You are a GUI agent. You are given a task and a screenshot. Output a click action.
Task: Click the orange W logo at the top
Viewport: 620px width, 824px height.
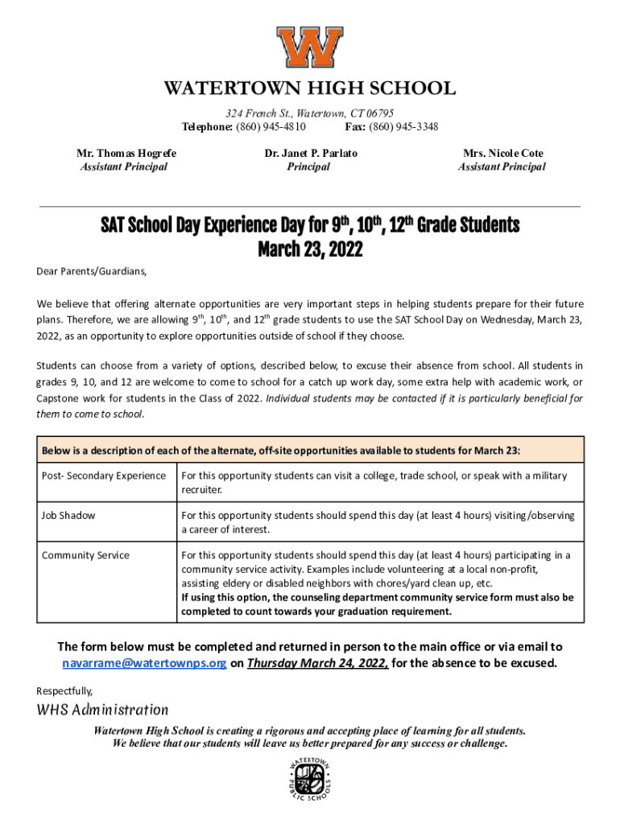point(310,47)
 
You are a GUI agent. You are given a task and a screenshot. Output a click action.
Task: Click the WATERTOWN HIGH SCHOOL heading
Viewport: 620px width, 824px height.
point(310,89)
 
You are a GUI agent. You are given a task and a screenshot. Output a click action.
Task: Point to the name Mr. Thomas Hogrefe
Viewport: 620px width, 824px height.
point(126,153)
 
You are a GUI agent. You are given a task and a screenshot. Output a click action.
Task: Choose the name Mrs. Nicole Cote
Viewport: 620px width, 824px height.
point(503,153)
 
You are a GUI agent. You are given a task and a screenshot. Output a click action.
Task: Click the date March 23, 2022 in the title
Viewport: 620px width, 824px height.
point(310,250)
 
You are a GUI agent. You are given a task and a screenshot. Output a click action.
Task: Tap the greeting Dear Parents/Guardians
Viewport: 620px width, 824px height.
point(92,271)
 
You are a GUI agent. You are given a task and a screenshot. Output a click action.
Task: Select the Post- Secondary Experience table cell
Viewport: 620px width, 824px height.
point(104,476)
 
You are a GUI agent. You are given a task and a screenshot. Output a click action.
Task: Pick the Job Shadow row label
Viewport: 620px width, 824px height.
point(68,515)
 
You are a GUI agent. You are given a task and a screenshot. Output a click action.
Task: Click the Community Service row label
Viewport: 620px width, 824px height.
point(85,555)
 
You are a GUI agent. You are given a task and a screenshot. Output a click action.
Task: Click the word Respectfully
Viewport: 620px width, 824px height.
point(64,690)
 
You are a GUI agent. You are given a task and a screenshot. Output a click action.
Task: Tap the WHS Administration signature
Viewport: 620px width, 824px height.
point(102,710)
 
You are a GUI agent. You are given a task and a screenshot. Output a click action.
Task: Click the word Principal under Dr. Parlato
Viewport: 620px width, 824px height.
point(308,167)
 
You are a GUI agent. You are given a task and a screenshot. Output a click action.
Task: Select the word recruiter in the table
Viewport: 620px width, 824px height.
point(201,489)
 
